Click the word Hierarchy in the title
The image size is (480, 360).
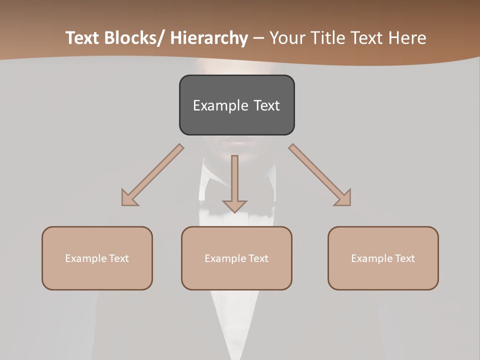pos(209,38)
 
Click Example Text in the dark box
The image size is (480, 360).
pos(236,105)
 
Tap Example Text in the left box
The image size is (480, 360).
pos(97,258)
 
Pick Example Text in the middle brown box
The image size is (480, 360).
pos(236,258)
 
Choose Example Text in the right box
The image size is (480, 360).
pos(383,258)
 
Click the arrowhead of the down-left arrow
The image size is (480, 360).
pos(128,198)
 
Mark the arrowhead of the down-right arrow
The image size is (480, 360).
pos(343,198)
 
